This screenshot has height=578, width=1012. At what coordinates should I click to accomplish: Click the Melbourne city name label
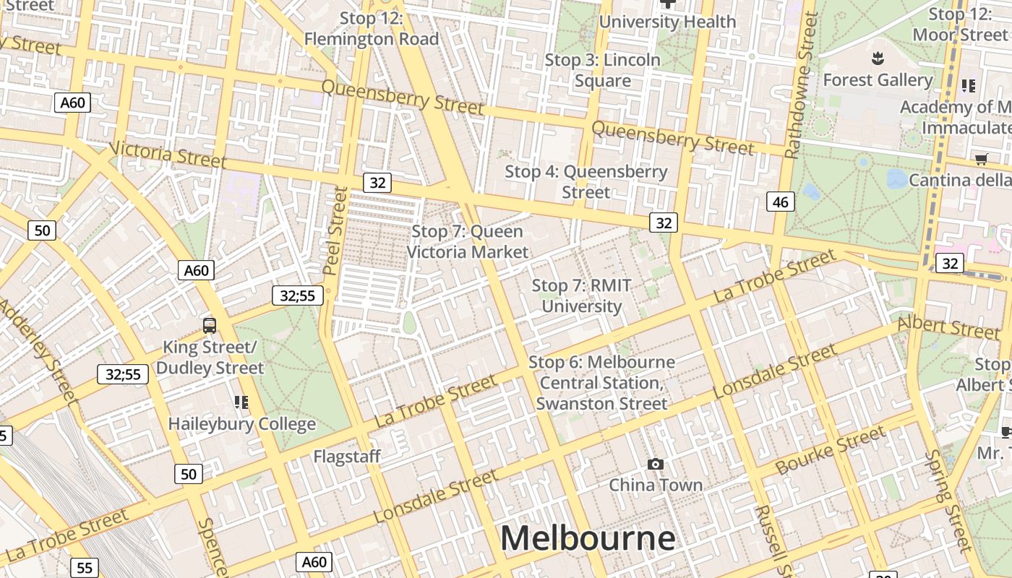[x=588, y=539]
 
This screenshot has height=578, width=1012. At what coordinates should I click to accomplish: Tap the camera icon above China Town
[x=656, y=464]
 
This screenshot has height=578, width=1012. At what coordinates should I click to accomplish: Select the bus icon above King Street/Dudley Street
[x=210, y=326]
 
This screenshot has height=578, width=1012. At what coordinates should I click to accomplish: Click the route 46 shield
[x=781, y=202]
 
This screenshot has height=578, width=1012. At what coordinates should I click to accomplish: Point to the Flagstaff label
[x=346, y=457]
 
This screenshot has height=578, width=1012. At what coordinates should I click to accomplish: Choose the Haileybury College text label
[x=242, y=424]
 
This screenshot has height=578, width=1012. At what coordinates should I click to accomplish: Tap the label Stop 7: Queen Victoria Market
[x=468, y=242]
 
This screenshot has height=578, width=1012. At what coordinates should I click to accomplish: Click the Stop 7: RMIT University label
[x=582, y=296]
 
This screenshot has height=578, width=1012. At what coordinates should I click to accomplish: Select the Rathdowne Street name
[x=801, y=85]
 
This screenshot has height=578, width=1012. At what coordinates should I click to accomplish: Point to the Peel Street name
[x=335, y=230]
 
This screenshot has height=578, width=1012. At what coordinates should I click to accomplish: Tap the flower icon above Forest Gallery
[x=878, y=57]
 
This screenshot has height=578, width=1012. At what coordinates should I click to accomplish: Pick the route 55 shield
[x=85, y=568]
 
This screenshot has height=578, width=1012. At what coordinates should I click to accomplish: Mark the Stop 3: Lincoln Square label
[x=602, y=70]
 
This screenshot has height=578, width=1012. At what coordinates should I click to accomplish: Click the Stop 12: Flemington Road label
[x=372, y=29]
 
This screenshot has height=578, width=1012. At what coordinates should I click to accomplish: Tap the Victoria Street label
[x=168, y=155]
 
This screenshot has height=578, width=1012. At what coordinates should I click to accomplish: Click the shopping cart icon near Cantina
[x=981, y=159]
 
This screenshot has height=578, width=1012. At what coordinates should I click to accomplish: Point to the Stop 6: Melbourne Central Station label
[x=601, y=383]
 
